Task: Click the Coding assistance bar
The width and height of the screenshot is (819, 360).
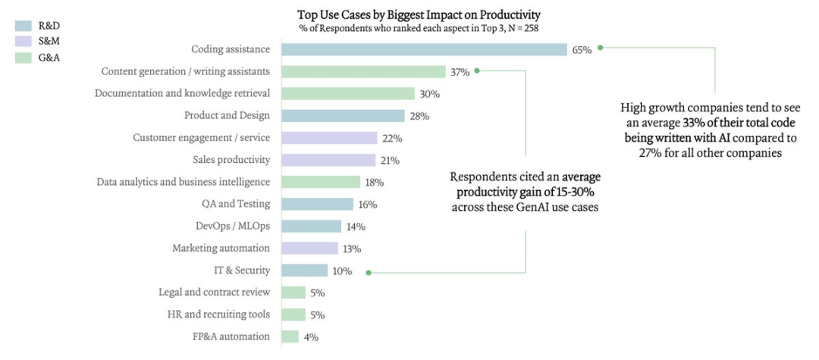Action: [x=424, y=49]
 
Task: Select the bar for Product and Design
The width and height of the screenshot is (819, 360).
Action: [x=343, y=116]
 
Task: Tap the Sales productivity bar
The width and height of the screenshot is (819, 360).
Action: [x=328, y=160]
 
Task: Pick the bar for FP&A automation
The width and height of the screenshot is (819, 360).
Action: [x=290, y=337]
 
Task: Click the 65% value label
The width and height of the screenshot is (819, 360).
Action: [x=582, y=50]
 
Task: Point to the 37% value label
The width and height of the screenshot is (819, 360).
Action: [x=460, y=72]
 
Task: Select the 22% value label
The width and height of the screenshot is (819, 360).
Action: [x=391, y=139]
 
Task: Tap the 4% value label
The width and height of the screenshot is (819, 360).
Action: [x=311, y=337]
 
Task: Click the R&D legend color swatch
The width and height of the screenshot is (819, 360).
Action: [x=23, y=25]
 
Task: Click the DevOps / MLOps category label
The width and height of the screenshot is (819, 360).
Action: [x=233, y=226]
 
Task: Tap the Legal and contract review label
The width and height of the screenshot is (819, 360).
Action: [x=215, y=292]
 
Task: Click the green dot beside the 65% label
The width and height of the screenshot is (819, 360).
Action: [x=600, y=47]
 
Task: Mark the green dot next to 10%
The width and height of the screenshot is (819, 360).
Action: [x=368, y=272]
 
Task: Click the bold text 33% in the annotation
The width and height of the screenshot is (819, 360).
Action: [x=692, y=123]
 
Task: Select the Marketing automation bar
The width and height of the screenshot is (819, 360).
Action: [x=309, y=248]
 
